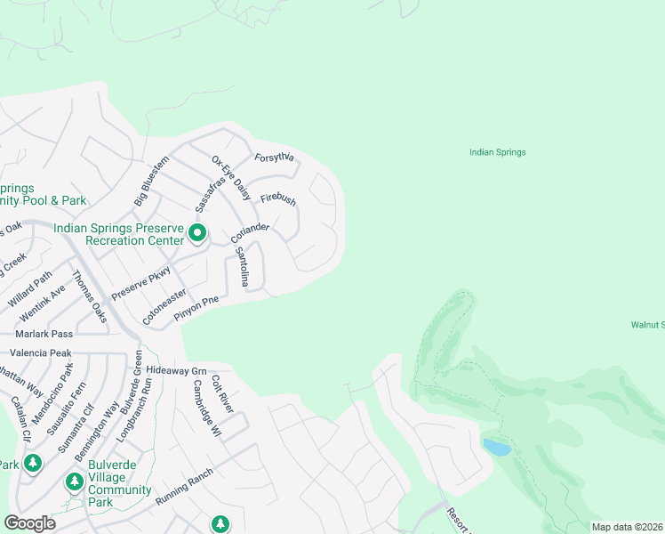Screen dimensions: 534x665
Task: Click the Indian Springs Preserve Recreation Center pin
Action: point(196,235)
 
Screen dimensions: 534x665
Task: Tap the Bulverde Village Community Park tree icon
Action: point(75,481)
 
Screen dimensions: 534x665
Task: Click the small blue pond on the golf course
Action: point(498,447)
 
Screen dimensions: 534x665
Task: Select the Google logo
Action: point(30,523)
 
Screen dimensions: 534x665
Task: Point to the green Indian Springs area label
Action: point(497,152)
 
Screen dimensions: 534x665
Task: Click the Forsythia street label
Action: point(274,158)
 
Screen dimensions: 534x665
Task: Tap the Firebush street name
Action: point(277,200)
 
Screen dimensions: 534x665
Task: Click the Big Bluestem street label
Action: point(151,182)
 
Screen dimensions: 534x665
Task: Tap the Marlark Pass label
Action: point(44,334)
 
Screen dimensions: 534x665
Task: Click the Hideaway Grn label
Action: point(176,370)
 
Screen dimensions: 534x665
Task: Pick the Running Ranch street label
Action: point(184,488)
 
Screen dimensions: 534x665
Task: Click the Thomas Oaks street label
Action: point(89,297)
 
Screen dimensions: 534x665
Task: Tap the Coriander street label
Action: point(250,234)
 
